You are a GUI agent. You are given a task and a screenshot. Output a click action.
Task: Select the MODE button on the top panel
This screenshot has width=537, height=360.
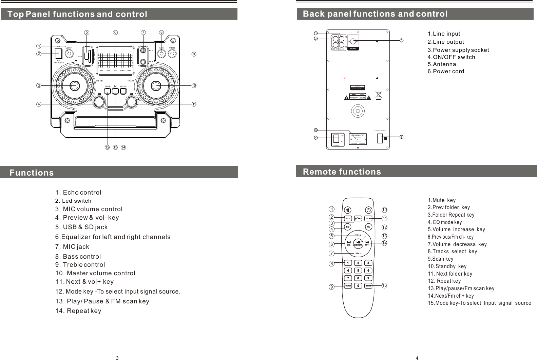pos(108,91)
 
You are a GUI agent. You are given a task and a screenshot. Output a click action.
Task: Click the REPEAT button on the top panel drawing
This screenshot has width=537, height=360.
pos(123,91)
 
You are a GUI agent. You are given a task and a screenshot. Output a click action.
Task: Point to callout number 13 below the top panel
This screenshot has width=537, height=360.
pos(115,147)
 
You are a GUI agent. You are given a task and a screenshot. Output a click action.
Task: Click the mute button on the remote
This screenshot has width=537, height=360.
pos(348,210)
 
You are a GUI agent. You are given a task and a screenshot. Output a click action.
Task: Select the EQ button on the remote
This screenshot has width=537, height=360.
pos(348,226)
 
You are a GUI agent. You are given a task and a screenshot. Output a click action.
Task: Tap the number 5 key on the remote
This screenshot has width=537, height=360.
pos(358,270)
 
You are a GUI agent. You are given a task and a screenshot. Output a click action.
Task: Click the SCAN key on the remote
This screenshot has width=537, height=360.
pos(348,285)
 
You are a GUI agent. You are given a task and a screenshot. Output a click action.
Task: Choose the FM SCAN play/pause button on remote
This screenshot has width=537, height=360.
pos(358,243)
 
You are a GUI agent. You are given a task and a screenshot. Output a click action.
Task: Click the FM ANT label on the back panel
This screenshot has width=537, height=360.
pos(353,48)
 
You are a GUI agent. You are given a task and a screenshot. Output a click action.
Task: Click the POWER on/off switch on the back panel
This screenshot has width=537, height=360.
pos(336,139)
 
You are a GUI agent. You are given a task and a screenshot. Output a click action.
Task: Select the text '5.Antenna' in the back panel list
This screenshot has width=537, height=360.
pos(442,64)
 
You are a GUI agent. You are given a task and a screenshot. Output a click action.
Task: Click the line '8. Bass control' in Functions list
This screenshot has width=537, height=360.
pos(78,257)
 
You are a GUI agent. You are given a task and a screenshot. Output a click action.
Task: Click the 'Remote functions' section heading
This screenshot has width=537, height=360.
pos(342,172)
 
